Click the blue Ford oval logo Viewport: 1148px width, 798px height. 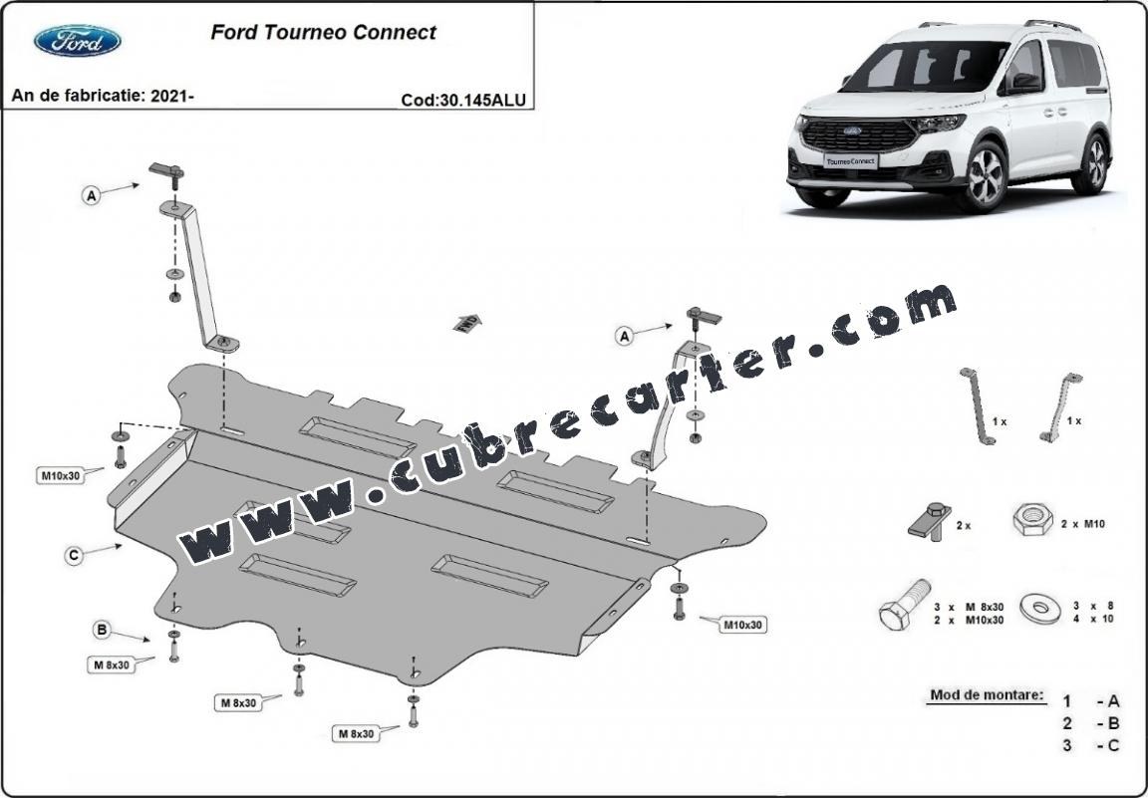(77, 40)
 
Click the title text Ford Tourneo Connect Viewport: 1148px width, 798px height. (323, 32)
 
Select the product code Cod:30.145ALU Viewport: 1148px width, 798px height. (463, 100)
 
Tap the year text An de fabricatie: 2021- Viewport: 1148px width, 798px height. (104, 96)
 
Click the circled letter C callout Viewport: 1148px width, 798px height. (73, 556)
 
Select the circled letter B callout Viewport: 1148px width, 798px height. (102, 629)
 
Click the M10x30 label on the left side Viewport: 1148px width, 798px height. (61, 476)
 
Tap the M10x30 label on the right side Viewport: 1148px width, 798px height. (742, 626)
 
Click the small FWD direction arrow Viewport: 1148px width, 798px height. (467, 323)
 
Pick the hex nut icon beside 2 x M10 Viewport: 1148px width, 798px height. (1032, 519)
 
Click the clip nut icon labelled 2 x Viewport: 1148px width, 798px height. (930, 521)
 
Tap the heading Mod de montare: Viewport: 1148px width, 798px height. (987, 694)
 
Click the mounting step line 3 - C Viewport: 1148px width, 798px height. (1091, 745)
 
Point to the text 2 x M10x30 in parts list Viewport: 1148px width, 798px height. (969, 620)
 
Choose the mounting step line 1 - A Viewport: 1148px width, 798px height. (1091, 701)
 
